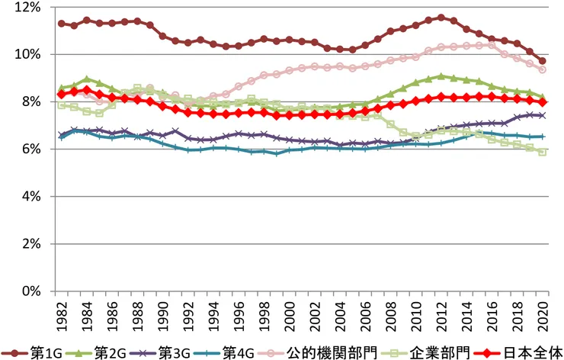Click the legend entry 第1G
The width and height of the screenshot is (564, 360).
click(x=43, y=352)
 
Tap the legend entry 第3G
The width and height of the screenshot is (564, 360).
click(x=173, y=352)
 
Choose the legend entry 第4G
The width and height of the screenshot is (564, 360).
click(x=238, y=352)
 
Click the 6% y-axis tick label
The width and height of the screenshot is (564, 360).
click(x=30, y=149)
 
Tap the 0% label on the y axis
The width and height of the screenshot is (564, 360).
click(x=30, y=291)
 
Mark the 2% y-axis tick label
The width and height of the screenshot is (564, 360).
click(x=30, y=243)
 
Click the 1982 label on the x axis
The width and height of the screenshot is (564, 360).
click(x=62, y=313)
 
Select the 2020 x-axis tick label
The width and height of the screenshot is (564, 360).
click(x=542, y=313)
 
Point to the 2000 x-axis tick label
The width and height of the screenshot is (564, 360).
click(x=289, y=313)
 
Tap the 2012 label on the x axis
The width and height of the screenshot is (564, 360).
click(x=441, y=313)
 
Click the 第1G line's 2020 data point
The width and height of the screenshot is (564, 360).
click(x=542, y=61)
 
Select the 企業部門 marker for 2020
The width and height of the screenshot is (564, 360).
click(x=542, y=152)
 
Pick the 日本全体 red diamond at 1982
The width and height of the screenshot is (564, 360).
click(x=62, y=95)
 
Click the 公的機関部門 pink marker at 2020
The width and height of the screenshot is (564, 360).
click(x=542, y=69)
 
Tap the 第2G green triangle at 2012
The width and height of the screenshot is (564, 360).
click(x=441, y=76)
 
